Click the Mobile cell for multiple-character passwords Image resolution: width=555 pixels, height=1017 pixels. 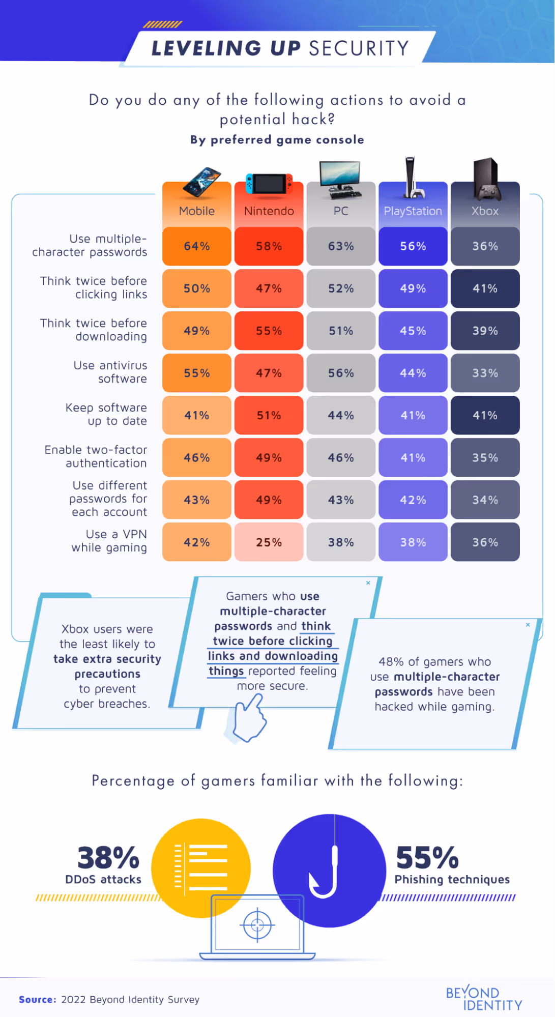197,246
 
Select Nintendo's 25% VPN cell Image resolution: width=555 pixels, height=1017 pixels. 269,542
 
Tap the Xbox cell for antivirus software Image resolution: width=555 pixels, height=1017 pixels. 485,373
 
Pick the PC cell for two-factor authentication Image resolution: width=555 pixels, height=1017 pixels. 341,458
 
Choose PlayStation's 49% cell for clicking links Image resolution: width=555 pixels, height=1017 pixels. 413,288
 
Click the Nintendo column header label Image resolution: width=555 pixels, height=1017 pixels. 269,211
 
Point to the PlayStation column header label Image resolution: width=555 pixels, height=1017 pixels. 413,211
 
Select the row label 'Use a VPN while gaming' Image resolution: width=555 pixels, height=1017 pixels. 109,541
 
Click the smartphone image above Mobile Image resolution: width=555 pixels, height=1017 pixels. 202,182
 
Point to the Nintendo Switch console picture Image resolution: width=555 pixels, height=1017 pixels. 269,184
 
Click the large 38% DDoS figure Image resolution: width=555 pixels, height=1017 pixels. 108,858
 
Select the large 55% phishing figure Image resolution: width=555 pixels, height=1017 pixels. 427,858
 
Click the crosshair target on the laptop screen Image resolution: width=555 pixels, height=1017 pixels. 257,924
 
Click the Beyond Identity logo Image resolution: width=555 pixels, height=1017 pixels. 483,999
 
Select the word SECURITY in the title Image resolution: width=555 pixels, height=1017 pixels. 359,48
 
